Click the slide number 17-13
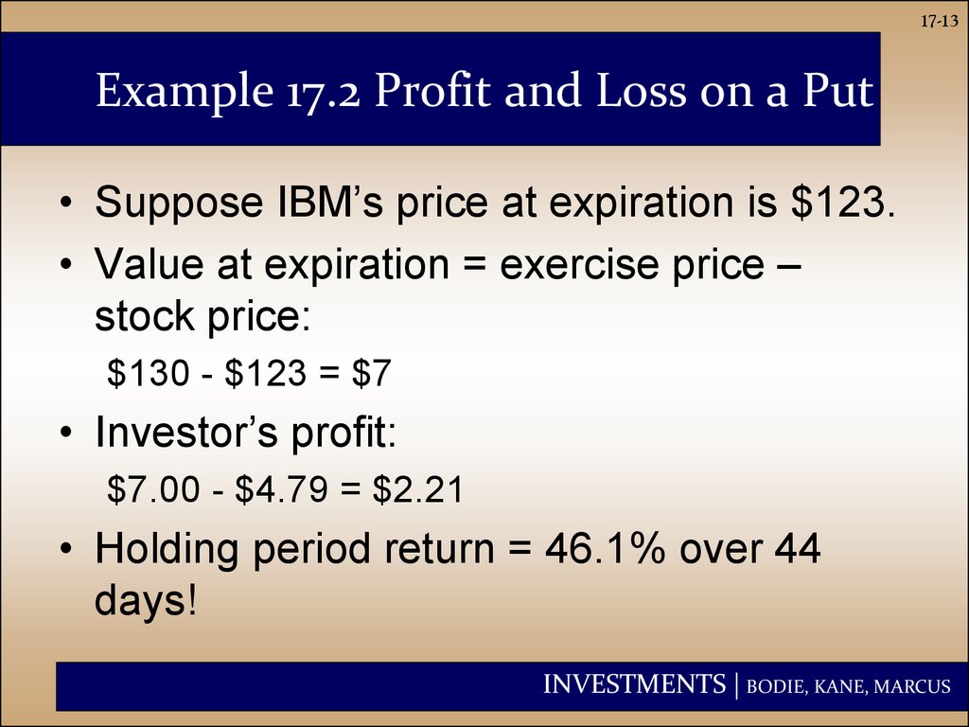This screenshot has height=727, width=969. [x=939, y=22]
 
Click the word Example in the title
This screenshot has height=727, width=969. [x=185, y=92]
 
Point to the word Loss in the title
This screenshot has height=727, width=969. [x=641, y=90]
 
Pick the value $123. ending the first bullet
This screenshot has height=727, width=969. [x=842, y=202]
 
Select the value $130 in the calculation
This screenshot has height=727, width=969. [x=149, y=373]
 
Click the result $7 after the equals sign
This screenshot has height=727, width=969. [x=372, y=373]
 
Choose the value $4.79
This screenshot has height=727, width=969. [x=281, y=489]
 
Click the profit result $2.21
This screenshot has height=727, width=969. [x=417, y=489]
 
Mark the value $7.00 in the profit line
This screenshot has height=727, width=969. [x=153, y=489]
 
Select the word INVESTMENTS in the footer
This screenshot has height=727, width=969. [x=634, y=684]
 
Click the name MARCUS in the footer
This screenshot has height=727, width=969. [x=912, y=687]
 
